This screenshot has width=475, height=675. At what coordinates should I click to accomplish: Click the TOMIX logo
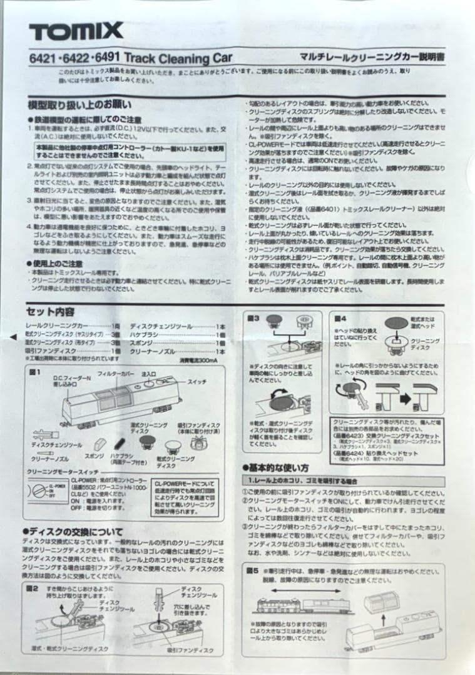click(76, 31)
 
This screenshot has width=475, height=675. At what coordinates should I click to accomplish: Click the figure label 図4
click(340, 317)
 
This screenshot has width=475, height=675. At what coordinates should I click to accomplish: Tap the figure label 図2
click(32, 588)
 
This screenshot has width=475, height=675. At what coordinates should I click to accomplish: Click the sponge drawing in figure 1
click(98, 444)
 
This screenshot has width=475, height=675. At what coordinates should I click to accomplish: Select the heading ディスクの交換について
click(76, 532)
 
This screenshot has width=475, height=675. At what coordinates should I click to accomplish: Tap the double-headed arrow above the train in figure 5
click(315, 589)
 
